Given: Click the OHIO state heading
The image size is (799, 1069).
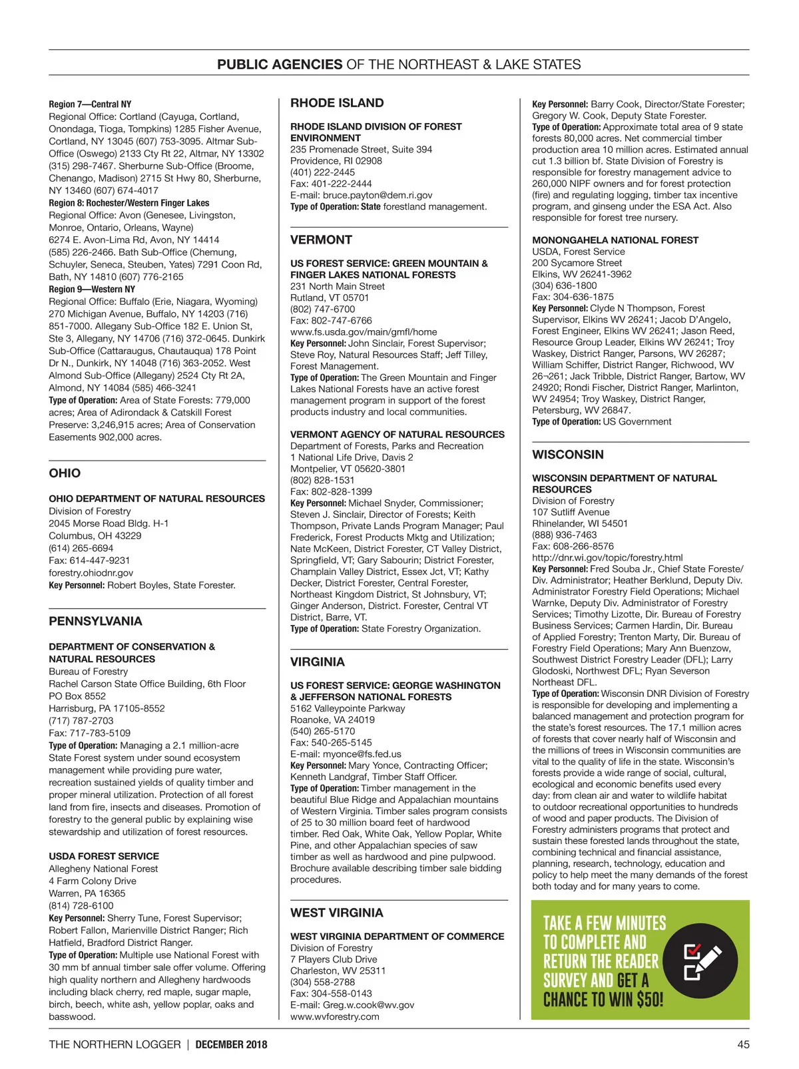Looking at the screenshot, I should (65, 473).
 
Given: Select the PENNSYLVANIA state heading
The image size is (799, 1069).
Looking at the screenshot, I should (95, 621).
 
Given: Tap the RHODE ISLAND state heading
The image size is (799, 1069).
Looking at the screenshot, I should (337, 103).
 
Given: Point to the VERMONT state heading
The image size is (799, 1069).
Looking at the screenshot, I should (321, 240).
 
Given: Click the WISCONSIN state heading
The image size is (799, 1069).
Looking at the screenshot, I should (568, 455).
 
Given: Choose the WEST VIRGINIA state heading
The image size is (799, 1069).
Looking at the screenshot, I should (336, 913).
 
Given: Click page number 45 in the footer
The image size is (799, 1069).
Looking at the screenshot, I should (743, 1044).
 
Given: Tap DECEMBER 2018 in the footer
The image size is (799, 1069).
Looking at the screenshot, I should (231, 1044).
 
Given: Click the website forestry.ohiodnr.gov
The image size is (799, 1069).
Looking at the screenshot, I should (91, 572).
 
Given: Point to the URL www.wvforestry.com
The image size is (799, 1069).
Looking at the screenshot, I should (334, 1016).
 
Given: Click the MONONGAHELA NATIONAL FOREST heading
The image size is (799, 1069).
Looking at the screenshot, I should (615, 240).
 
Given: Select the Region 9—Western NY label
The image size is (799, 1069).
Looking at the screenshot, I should (92, 289).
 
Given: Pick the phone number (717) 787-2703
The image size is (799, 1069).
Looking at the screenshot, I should (81, 720).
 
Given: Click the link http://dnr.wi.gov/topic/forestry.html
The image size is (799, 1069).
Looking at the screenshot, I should (607, 558).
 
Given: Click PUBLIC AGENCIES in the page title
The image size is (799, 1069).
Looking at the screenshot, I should (280, 65).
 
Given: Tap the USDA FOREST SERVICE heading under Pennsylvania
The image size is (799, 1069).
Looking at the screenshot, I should (104, 856).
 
